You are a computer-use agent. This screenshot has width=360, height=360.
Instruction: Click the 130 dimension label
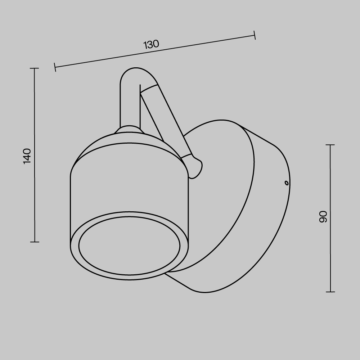pyautogui.click(x=151, y=44)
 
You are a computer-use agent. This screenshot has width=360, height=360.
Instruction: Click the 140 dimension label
pyautogui.click(x=27, y=156)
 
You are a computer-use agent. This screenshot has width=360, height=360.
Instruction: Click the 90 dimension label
pyautogui.click(x=323, y=217)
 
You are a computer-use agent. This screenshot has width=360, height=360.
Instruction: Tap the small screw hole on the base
pyautogui.click(x=286, y=183)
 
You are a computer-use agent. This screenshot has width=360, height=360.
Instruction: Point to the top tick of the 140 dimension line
pyautogui.click(x=35, y=68)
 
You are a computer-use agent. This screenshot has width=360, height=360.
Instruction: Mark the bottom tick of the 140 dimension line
pyautogui.click(x=35, y=242)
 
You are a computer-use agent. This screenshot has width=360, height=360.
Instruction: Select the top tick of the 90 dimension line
pyautogui.click(x=330, y=145)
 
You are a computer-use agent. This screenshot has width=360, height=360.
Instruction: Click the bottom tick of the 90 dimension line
pyautogui.click(x=330, y=292)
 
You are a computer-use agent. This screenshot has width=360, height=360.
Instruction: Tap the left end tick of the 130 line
pyautogui.click(x=55, y=67)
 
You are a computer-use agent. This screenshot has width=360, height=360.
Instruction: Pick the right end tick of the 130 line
pyautogui.click(x=255, y=35)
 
